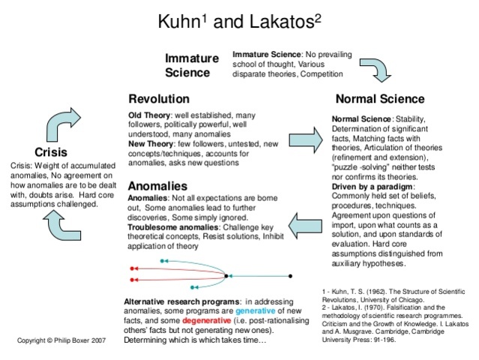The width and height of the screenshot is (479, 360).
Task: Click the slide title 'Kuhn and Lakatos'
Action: pyautogui.click(x=240, y=20)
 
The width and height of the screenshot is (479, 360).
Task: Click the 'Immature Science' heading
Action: pyautogui.click(x=192, y=65)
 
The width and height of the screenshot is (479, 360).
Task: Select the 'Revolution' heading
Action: pyautogui.click(x=159, y=99)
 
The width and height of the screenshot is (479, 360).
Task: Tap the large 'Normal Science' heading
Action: pyautogui.click(x=379, y=99)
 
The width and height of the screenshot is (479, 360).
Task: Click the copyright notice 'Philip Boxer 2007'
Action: pyautogui.click(x=61, y=341)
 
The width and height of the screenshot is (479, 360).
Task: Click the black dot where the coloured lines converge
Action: pyautogui.click(x=227, y=276)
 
